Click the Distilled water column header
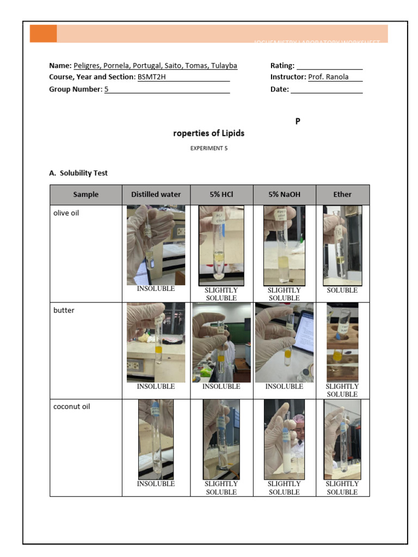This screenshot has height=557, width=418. (156, 194)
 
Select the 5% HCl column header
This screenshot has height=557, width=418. (221, 194)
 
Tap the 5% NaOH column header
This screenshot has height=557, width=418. (284, 194)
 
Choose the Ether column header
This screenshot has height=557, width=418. (342, 194)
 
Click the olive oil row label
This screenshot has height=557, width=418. (66, 213)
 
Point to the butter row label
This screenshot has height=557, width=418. (64, 311)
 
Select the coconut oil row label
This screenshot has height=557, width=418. (71, 407)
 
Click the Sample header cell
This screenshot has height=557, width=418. (86, 194)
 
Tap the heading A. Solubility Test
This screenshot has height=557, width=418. (78, 173)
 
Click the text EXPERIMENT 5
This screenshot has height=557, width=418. (209, 148)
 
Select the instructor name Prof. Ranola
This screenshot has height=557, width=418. (328, 77)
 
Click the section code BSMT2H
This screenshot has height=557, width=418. (152, 77)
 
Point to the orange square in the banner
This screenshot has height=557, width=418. (43, 33)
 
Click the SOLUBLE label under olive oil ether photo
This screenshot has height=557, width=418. (342, 290)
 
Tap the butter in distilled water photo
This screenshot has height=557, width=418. (156, 343)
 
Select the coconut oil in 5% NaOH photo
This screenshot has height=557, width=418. (284, 440)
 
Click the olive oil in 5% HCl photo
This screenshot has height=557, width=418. (221, 245)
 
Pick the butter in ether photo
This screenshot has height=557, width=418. (342, 342)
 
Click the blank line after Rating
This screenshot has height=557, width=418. (329, 66)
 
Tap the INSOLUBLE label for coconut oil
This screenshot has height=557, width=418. (156, 484)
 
